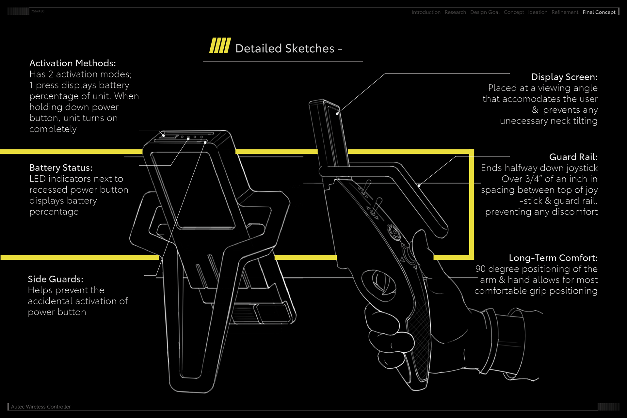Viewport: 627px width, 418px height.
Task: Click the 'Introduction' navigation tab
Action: tap(426, 12)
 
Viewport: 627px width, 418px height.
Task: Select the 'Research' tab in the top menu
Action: tap(455, 12)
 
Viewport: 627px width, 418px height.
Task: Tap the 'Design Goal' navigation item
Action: tap(485, 12)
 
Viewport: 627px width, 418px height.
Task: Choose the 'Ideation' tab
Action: tap(538, 12)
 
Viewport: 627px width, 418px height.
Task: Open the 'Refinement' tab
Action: tap(565, 12)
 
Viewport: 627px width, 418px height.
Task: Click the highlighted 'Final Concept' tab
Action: tap(599, 12)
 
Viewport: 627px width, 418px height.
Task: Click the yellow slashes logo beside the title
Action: tap(220, 45)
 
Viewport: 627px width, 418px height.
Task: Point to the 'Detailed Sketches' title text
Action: tap(285, 49)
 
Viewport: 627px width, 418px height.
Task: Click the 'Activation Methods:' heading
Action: tap(72, 63)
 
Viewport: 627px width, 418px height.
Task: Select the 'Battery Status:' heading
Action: tap(61, 168)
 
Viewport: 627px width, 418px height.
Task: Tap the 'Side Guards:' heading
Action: tap(56, 279)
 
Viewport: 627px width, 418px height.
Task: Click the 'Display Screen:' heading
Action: tap(564, 77)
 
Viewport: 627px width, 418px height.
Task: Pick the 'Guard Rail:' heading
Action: tap(573, 157)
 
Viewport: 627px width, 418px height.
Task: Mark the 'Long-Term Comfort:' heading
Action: tap(553, 258)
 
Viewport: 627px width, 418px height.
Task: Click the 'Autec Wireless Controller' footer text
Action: tap(41, 407)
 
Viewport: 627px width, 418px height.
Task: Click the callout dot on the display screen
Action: tap(337, 114)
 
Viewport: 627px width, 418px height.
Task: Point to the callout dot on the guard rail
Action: tap(419, 185)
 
